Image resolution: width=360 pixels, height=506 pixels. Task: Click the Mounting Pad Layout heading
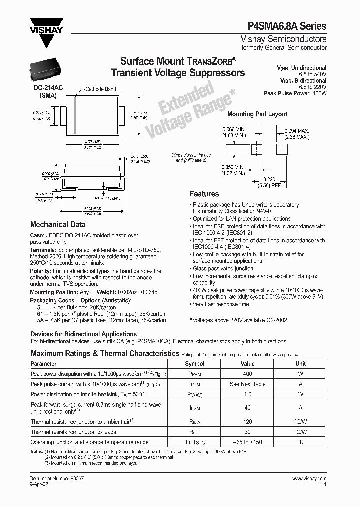pos(257,114)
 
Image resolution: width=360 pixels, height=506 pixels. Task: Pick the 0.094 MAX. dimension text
pos(297,131)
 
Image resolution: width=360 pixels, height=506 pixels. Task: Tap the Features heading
pos(204,194)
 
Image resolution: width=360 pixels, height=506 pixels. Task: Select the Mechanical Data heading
pos(58,225)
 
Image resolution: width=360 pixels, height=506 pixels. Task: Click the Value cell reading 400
pos(247,373)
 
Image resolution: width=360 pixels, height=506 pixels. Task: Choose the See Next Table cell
pos(247,384)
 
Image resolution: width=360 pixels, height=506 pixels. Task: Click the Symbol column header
pos(194,363)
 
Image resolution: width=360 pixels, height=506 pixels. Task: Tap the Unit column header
pos(300,363)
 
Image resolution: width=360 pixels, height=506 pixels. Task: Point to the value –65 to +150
pos(247,442)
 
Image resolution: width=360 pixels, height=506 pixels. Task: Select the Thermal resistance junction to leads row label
pos(73,432)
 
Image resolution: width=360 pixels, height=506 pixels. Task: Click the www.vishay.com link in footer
pos(309,479)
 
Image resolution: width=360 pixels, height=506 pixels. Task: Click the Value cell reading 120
pos(247,422)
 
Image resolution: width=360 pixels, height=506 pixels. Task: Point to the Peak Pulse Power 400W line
pos(295,93)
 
